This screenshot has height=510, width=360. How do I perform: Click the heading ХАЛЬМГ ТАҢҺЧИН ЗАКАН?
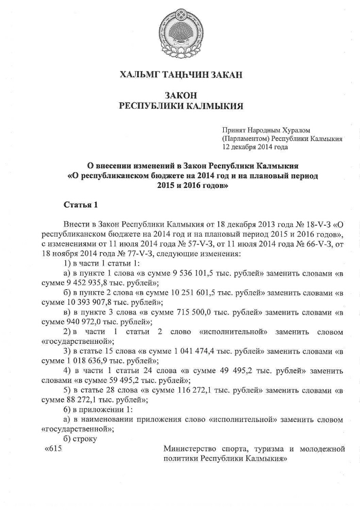point(181,75)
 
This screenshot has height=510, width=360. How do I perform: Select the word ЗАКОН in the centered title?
point(181,95)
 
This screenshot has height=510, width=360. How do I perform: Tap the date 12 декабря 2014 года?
point(255,147)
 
